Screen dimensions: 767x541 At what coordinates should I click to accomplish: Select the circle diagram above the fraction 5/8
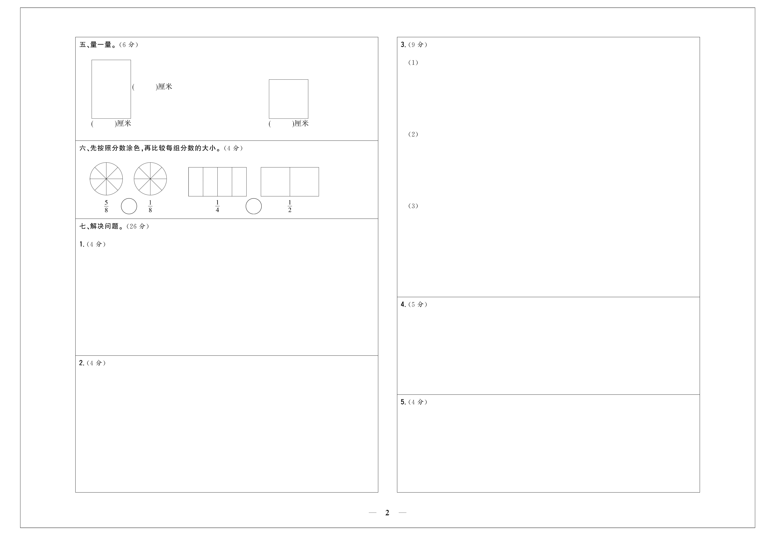(106, 179)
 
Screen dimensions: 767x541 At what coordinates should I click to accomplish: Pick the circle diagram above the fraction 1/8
(150, 179)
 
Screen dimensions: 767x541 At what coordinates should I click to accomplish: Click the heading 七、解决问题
(99, 226)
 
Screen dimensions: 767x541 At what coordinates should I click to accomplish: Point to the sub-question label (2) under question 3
(413, 134)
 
